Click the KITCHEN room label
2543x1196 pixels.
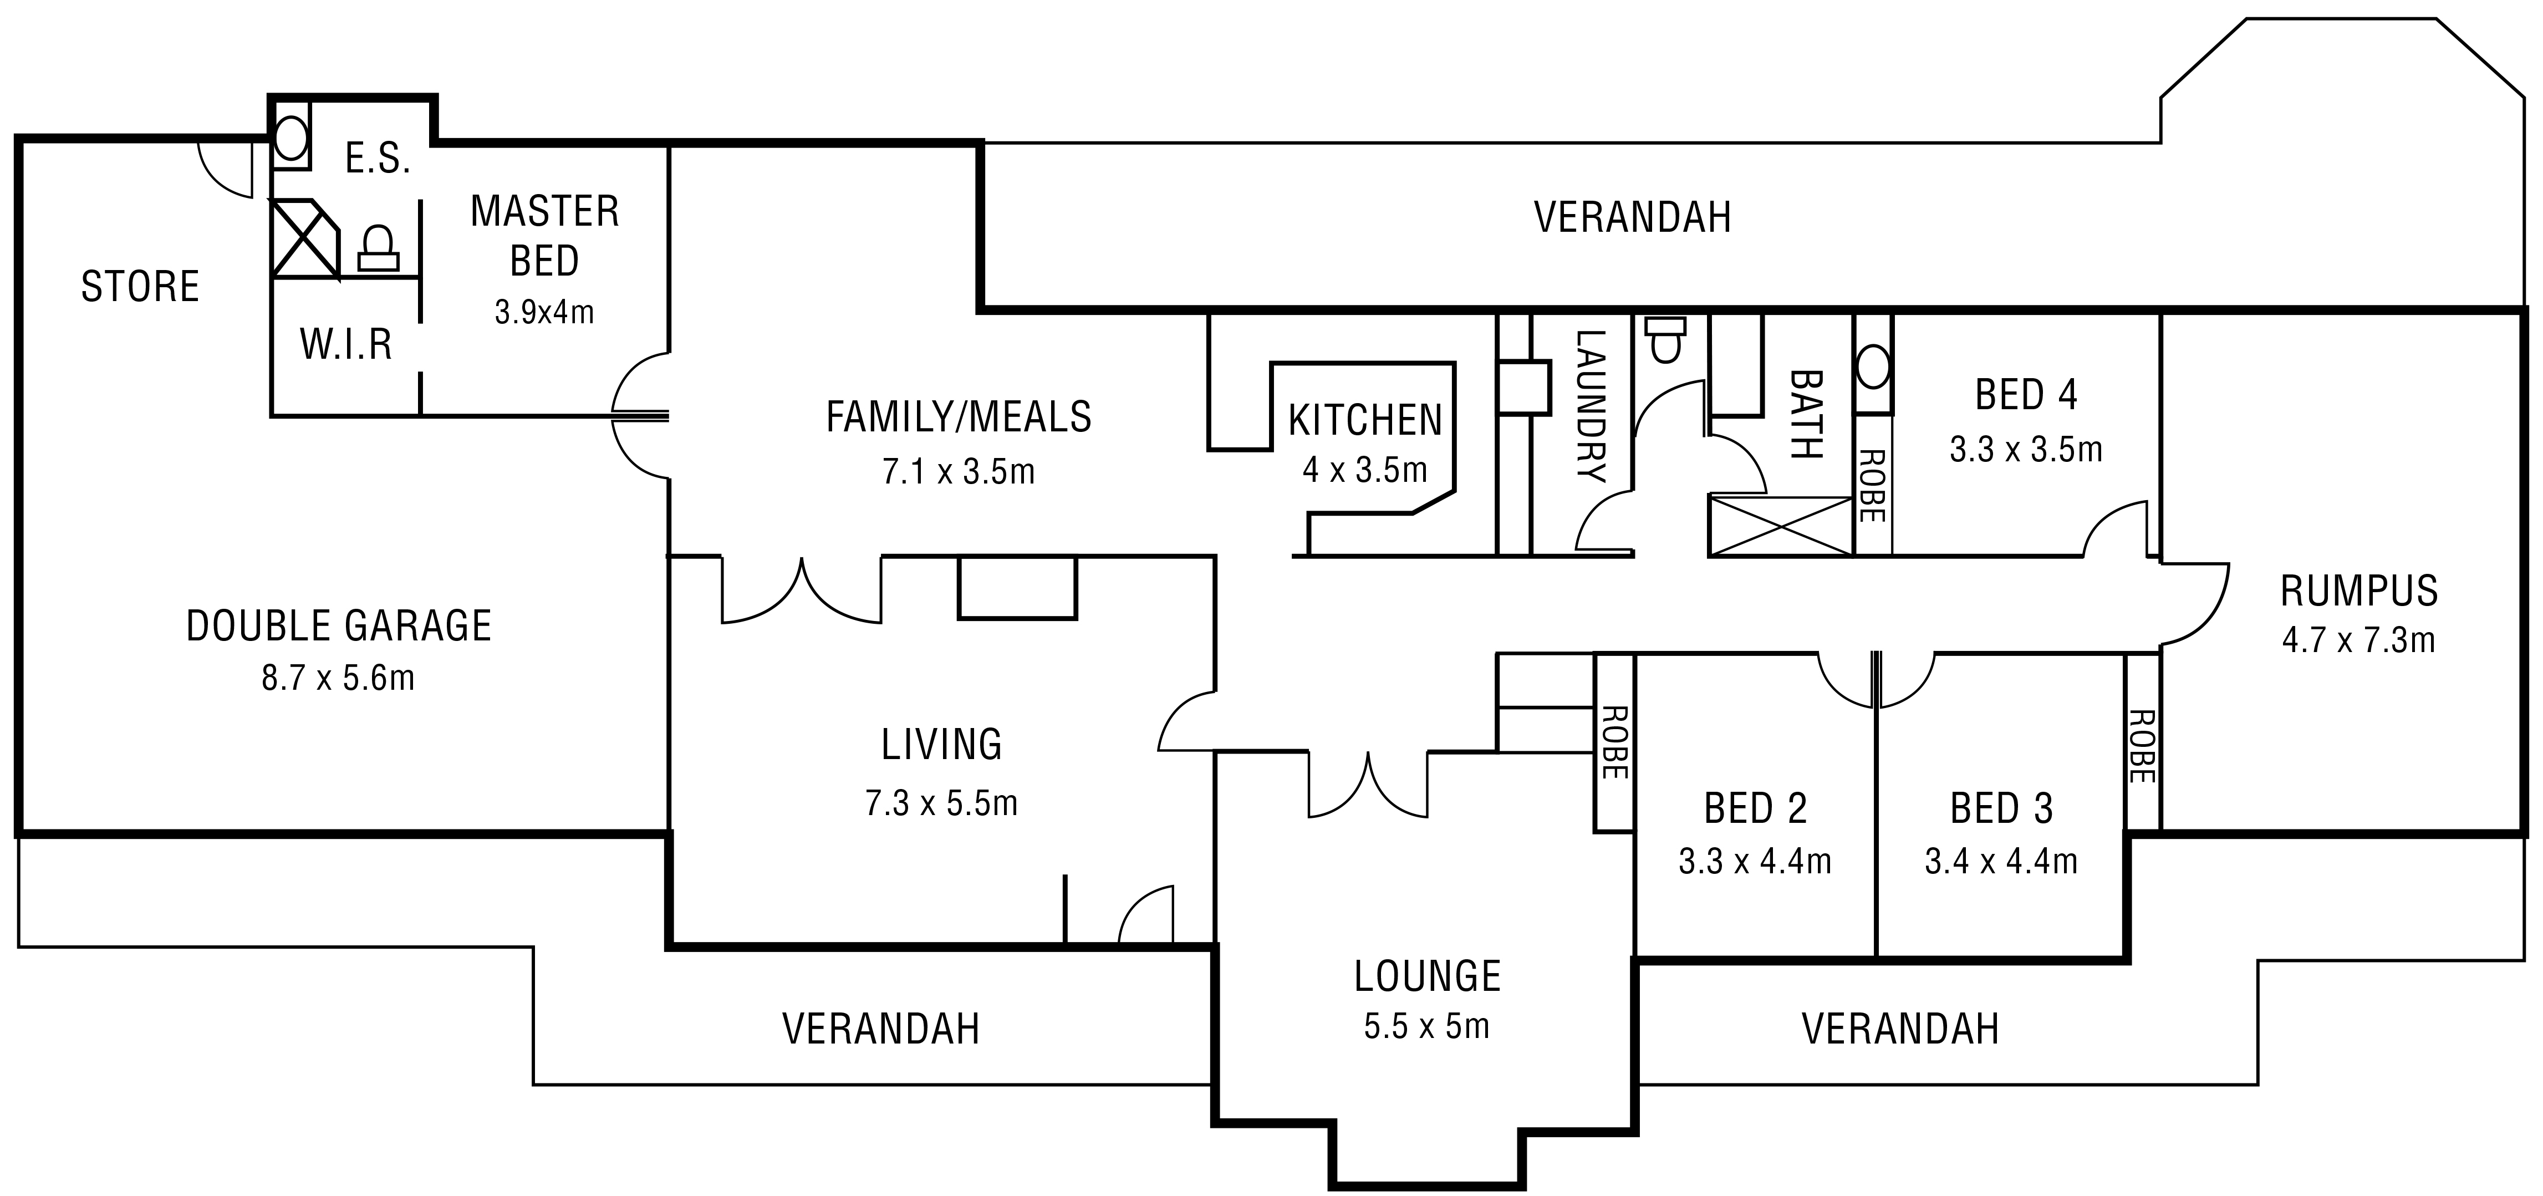[x=1365, y=421]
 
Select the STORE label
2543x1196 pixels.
[x=140, y=287]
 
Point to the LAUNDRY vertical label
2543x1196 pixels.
[x=1591, y=405]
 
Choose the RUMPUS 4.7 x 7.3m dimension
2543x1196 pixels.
[x=2358, y=640]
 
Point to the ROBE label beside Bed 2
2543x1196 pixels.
[x=1613, y=742]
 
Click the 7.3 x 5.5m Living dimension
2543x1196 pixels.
[x=941, y=803]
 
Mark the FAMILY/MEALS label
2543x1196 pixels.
[x=959, y=417]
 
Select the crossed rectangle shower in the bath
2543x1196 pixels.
[x=1780, y=526]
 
